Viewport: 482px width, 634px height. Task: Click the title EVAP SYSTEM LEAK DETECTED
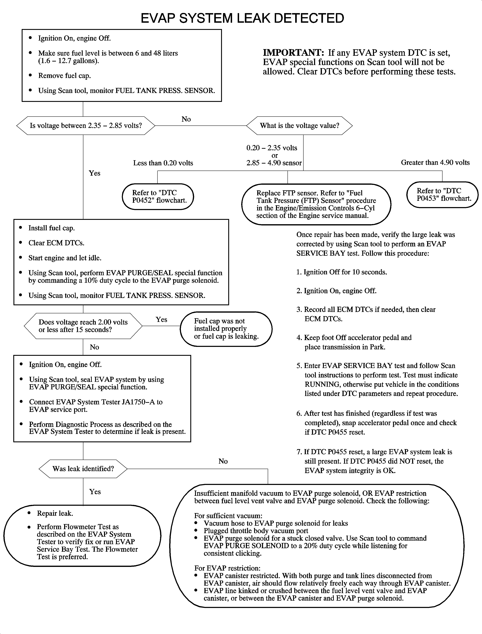pyautogui.click(x=242, y=18)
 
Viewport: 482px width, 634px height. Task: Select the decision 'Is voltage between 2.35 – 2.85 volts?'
pyautogui.click(x=86, y=126)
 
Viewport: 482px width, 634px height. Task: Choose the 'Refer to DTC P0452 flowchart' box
pyautogui.click(x=158, y=197)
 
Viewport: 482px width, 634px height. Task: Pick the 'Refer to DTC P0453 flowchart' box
pyautogui.click(x=442, y=194)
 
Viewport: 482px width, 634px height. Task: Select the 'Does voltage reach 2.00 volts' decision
pyautogui.click(x=83, y=326)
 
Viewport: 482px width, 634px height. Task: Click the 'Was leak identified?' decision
pyautogui.click(x=83, y=469)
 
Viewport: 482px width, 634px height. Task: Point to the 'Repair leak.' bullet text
pyautogui.click(x=55, y=513)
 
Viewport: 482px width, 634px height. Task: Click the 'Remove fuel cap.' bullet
pyautogui.click(x=64, y=76)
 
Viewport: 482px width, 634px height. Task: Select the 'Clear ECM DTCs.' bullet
pyautogui.click(x=56, y=243)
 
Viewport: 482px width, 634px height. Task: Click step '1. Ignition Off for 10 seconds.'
pyautogui.click(x=341, y=272)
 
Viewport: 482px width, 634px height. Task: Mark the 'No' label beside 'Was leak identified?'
pyautogui.click(x=223, y=461)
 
